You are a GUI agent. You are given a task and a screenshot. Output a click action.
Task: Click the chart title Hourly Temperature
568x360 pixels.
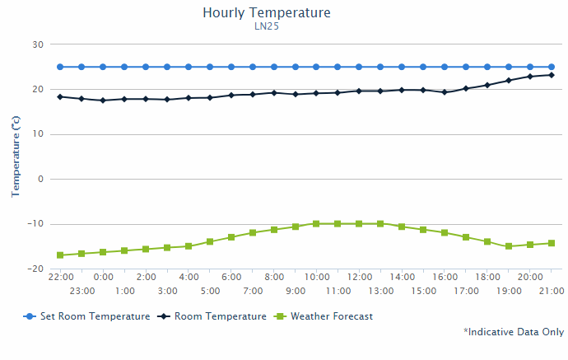(x=266, y=13)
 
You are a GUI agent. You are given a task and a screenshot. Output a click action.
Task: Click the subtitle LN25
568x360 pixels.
(x=266, y=26)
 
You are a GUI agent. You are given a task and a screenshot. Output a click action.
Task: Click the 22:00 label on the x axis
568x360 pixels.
(x=60, y=278)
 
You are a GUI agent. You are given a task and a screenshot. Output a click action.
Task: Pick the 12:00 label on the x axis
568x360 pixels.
(x=359, y=278)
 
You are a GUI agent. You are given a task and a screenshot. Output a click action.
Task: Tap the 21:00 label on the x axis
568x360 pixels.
(x=552, y=291)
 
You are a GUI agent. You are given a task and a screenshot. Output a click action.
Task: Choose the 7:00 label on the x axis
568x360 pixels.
(x=253, y=291)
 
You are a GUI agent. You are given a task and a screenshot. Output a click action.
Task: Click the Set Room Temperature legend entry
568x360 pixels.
(x=87, y=316)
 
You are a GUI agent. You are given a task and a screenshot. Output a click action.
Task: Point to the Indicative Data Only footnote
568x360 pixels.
(x=514, y=332)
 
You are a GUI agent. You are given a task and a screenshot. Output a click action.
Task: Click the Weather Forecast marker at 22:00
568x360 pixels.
(x=60, y=255)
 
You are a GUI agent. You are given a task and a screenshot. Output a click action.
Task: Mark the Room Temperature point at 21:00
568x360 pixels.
(x=552, y=75)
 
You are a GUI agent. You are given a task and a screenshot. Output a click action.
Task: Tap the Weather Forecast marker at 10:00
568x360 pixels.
(x=316, y=223)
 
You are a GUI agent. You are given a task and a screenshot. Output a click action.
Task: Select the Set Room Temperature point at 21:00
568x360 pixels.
(x=552, y=67)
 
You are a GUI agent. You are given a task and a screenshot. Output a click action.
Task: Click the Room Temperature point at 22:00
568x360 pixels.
(x=60, y=96)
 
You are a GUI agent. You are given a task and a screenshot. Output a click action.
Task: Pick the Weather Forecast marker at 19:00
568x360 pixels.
(x=509, y=246)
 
